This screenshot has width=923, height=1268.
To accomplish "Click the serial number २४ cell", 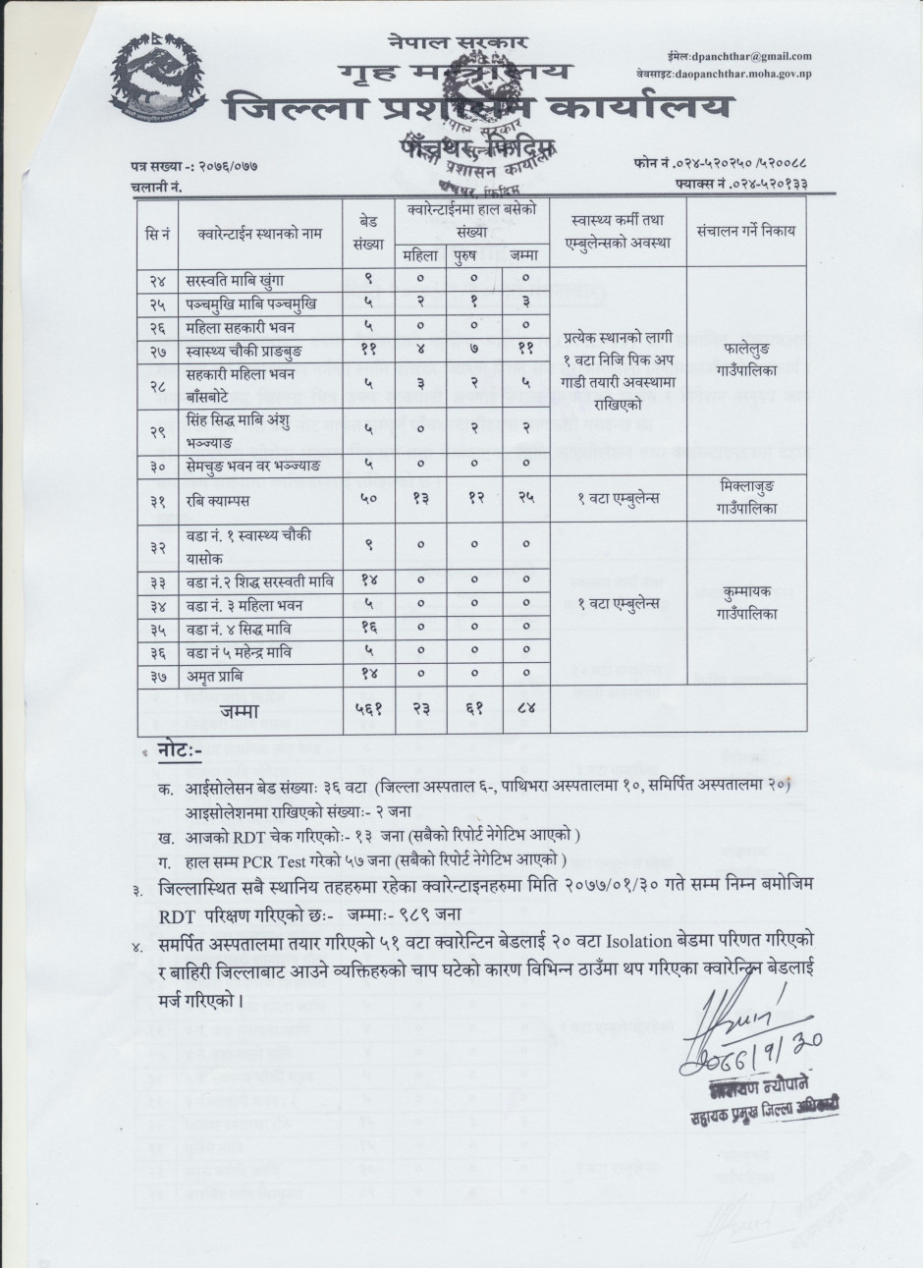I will pos(156,280).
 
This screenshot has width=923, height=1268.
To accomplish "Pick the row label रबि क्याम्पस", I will pos(229,498).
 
